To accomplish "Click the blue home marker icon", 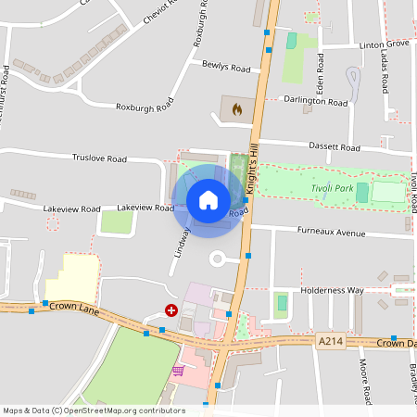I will [x=208, y=199].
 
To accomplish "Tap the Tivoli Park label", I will [x=332, y=189].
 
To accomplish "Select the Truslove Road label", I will [x=99, y=158].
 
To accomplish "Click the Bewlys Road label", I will [x=226, y=68].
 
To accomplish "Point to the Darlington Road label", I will [x=315, y=100].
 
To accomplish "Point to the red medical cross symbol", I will [x=171, y=311].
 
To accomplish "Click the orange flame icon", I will [x=237, y=109].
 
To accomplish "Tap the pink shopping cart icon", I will [x=177, y=371].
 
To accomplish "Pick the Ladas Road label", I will [x=385, y=71].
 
